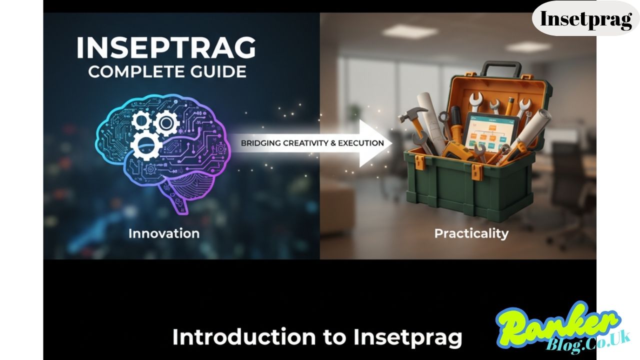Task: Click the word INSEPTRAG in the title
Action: pos(166,48)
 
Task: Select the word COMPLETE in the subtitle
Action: pos(127,71)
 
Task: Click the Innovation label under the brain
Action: pos(163,233)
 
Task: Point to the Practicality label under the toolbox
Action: pos(471,233)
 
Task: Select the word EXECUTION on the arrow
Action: pos(361,143)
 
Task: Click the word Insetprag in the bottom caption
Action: pos(407,337)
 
